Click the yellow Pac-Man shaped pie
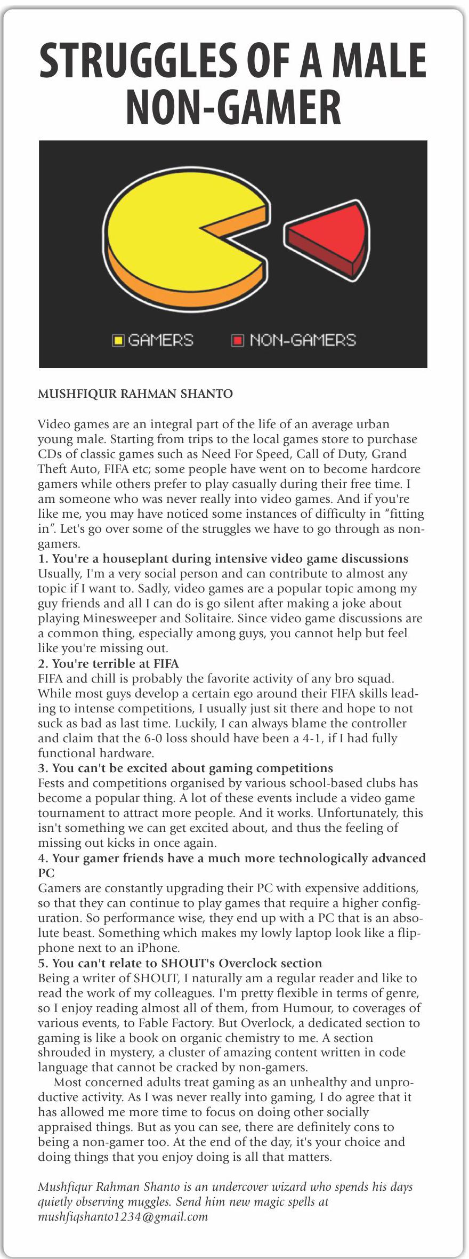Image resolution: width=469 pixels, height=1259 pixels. tap(176, 235)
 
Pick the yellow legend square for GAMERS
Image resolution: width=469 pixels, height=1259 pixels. tap(118, 340)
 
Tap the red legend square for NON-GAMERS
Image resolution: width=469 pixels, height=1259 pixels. tap(237, 340)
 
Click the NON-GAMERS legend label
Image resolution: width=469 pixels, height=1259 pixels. tap(302, 340)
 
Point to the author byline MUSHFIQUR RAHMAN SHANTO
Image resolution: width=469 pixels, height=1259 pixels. tap(135, 394)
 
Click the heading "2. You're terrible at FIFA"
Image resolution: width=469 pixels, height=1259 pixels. tap(108, 663)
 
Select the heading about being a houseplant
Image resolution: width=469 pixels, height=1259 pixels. tap(223, 558)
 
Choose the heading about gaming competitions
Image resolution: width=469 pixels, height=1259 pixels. tap(185, 768)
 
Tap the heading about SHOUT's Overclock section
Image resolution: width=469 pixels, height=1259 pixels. tap(180, 963)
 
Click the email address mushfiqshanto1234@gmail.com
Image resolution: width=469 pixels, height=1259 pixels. tap(123, 1216)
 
